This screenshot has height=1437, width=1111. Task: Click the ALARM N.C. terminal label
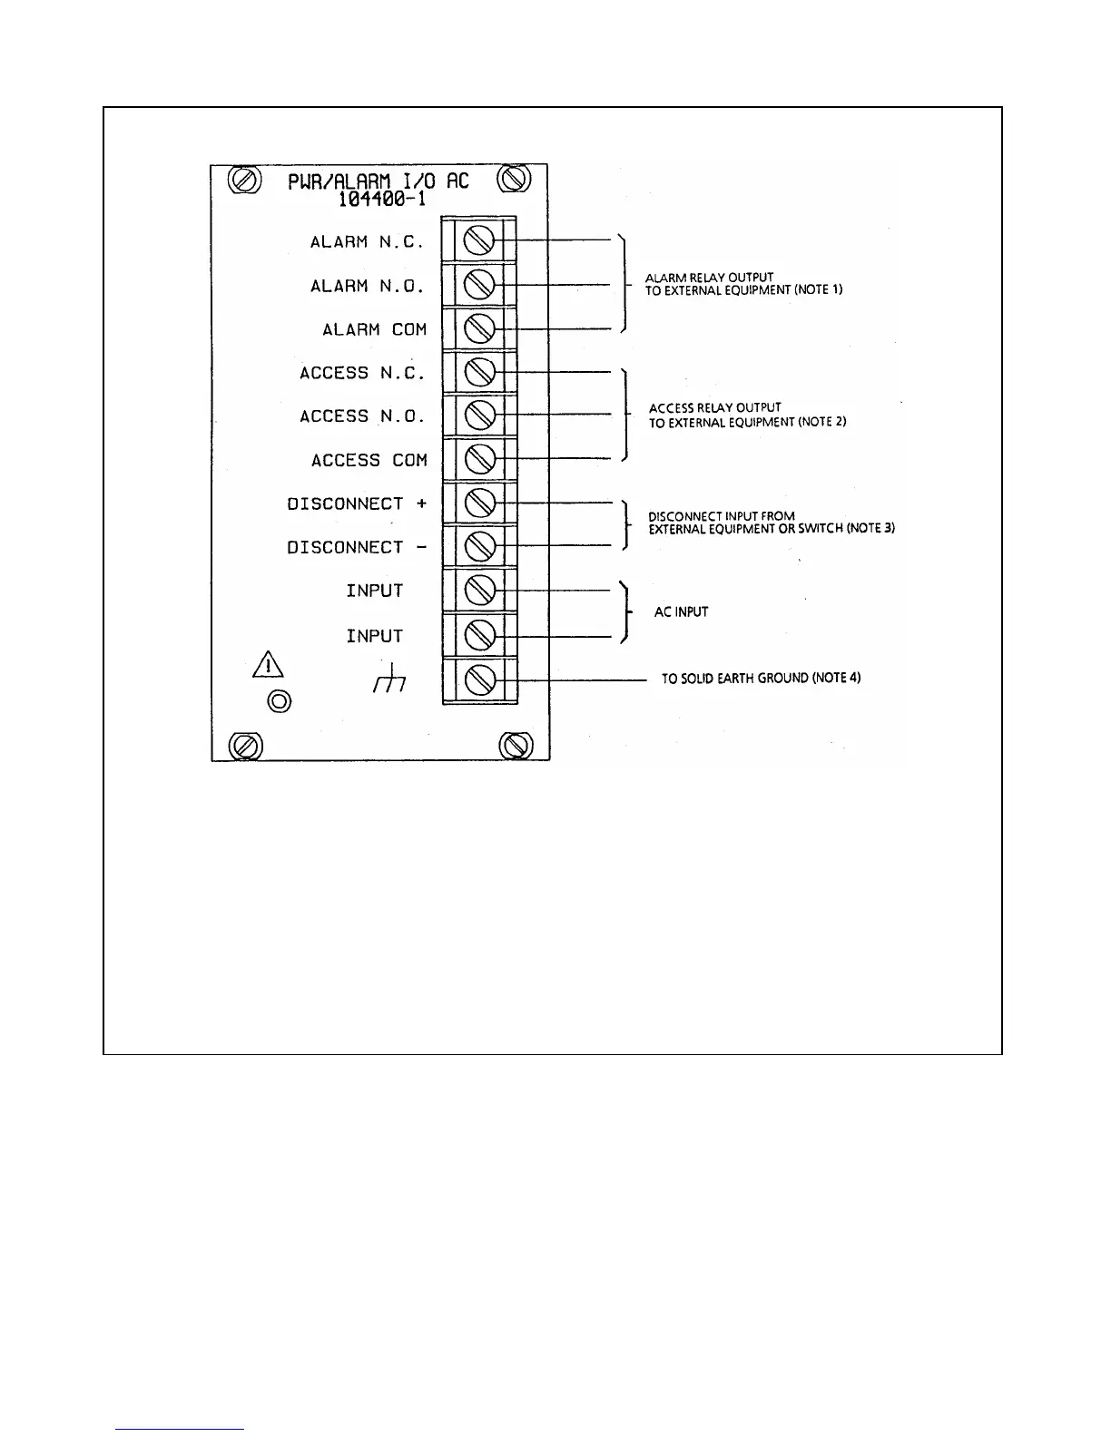click(367, 242)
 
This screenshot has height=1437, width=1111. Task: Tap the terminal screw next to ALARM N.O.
click(478, 285)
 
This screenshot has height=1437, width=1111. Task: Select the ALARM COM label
click(374, 329)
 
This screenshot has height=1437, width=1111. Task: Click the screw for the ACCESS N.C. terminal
click(478, 371)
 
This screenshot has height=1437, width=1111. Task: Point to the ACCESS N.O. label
click(362, 416)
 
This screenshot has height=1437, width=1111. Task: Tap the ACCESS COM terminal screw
click(478, 459)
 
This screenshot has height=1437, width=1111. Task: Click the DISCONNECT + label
click(357, 503)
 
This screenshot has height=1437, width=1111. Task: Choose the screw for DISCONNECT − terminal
click(478, 546)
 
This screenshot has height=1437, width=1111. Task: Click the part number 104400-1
click(377, 200)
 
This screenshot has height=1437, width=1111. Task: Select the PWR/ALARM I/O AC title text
click(379, 181)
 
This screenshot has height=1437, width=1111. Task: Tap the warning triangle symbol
click(269, 667)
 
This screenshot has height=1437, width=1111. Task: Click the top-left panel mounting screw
click(244, 180)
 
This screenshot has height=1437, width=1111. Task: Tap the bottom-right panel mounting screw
click(516, 746)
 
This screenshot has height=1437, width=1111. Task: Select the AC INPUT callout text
click(681, 612)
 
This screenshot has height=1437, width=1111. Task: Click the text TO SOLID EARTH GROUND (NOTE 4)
click(761, 679)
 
